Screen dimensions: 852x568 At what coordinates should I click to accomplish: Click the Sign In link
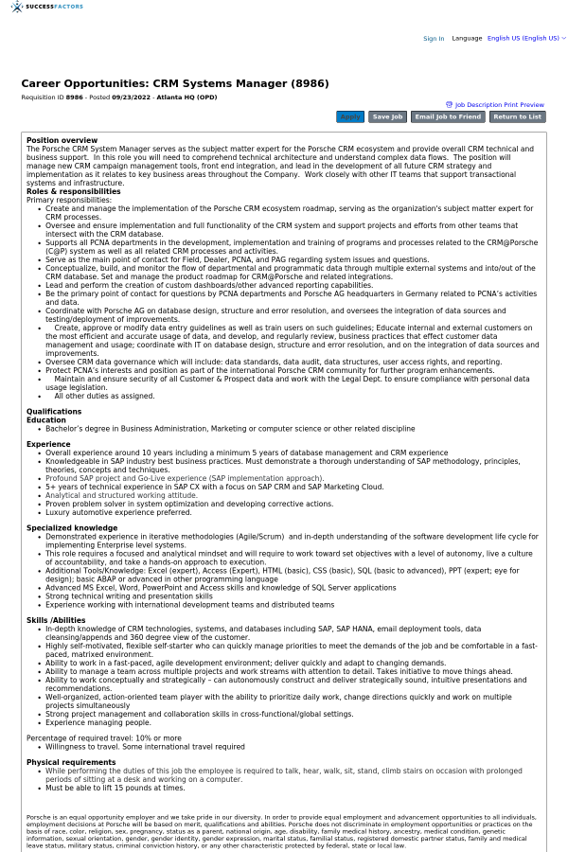click(x=434, y=39)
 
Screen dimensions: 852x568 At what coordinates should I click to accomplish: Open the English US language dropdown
click(x=526, y=39)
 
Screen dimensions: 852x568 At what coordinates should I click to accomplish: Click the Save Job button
click(x=387, y=117)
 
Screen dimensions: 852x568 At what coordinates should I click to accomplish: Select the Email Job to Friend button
click(x=448, y=117)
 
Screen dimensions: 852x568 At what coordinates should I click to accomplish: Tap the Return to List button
click(x=517, y=117)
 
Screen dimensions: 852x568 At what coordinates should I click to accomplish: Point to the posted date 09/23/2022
click(x=132, y=97)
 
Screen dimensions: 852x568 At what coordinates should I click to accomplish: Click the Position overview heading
click(x=62, y=140)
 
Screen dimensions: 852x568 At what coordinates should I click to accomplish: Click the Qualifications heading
click(x=54, y=412)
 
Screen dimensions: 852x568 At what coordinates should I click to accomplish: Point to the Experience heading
click(x=48, y=444)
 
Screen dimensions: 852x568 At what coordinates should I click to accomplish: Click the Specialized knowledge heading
click(x=72, y=527)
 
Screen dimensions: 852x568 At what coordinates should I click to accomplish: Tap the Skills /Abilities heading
click(x=58, y=620)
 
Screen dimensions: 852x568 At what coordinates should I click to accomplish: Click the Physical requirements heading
click(x=71, y=762)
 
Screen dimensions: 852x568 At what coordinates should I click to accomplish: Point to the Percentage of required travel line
click(x=104, y=737)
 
